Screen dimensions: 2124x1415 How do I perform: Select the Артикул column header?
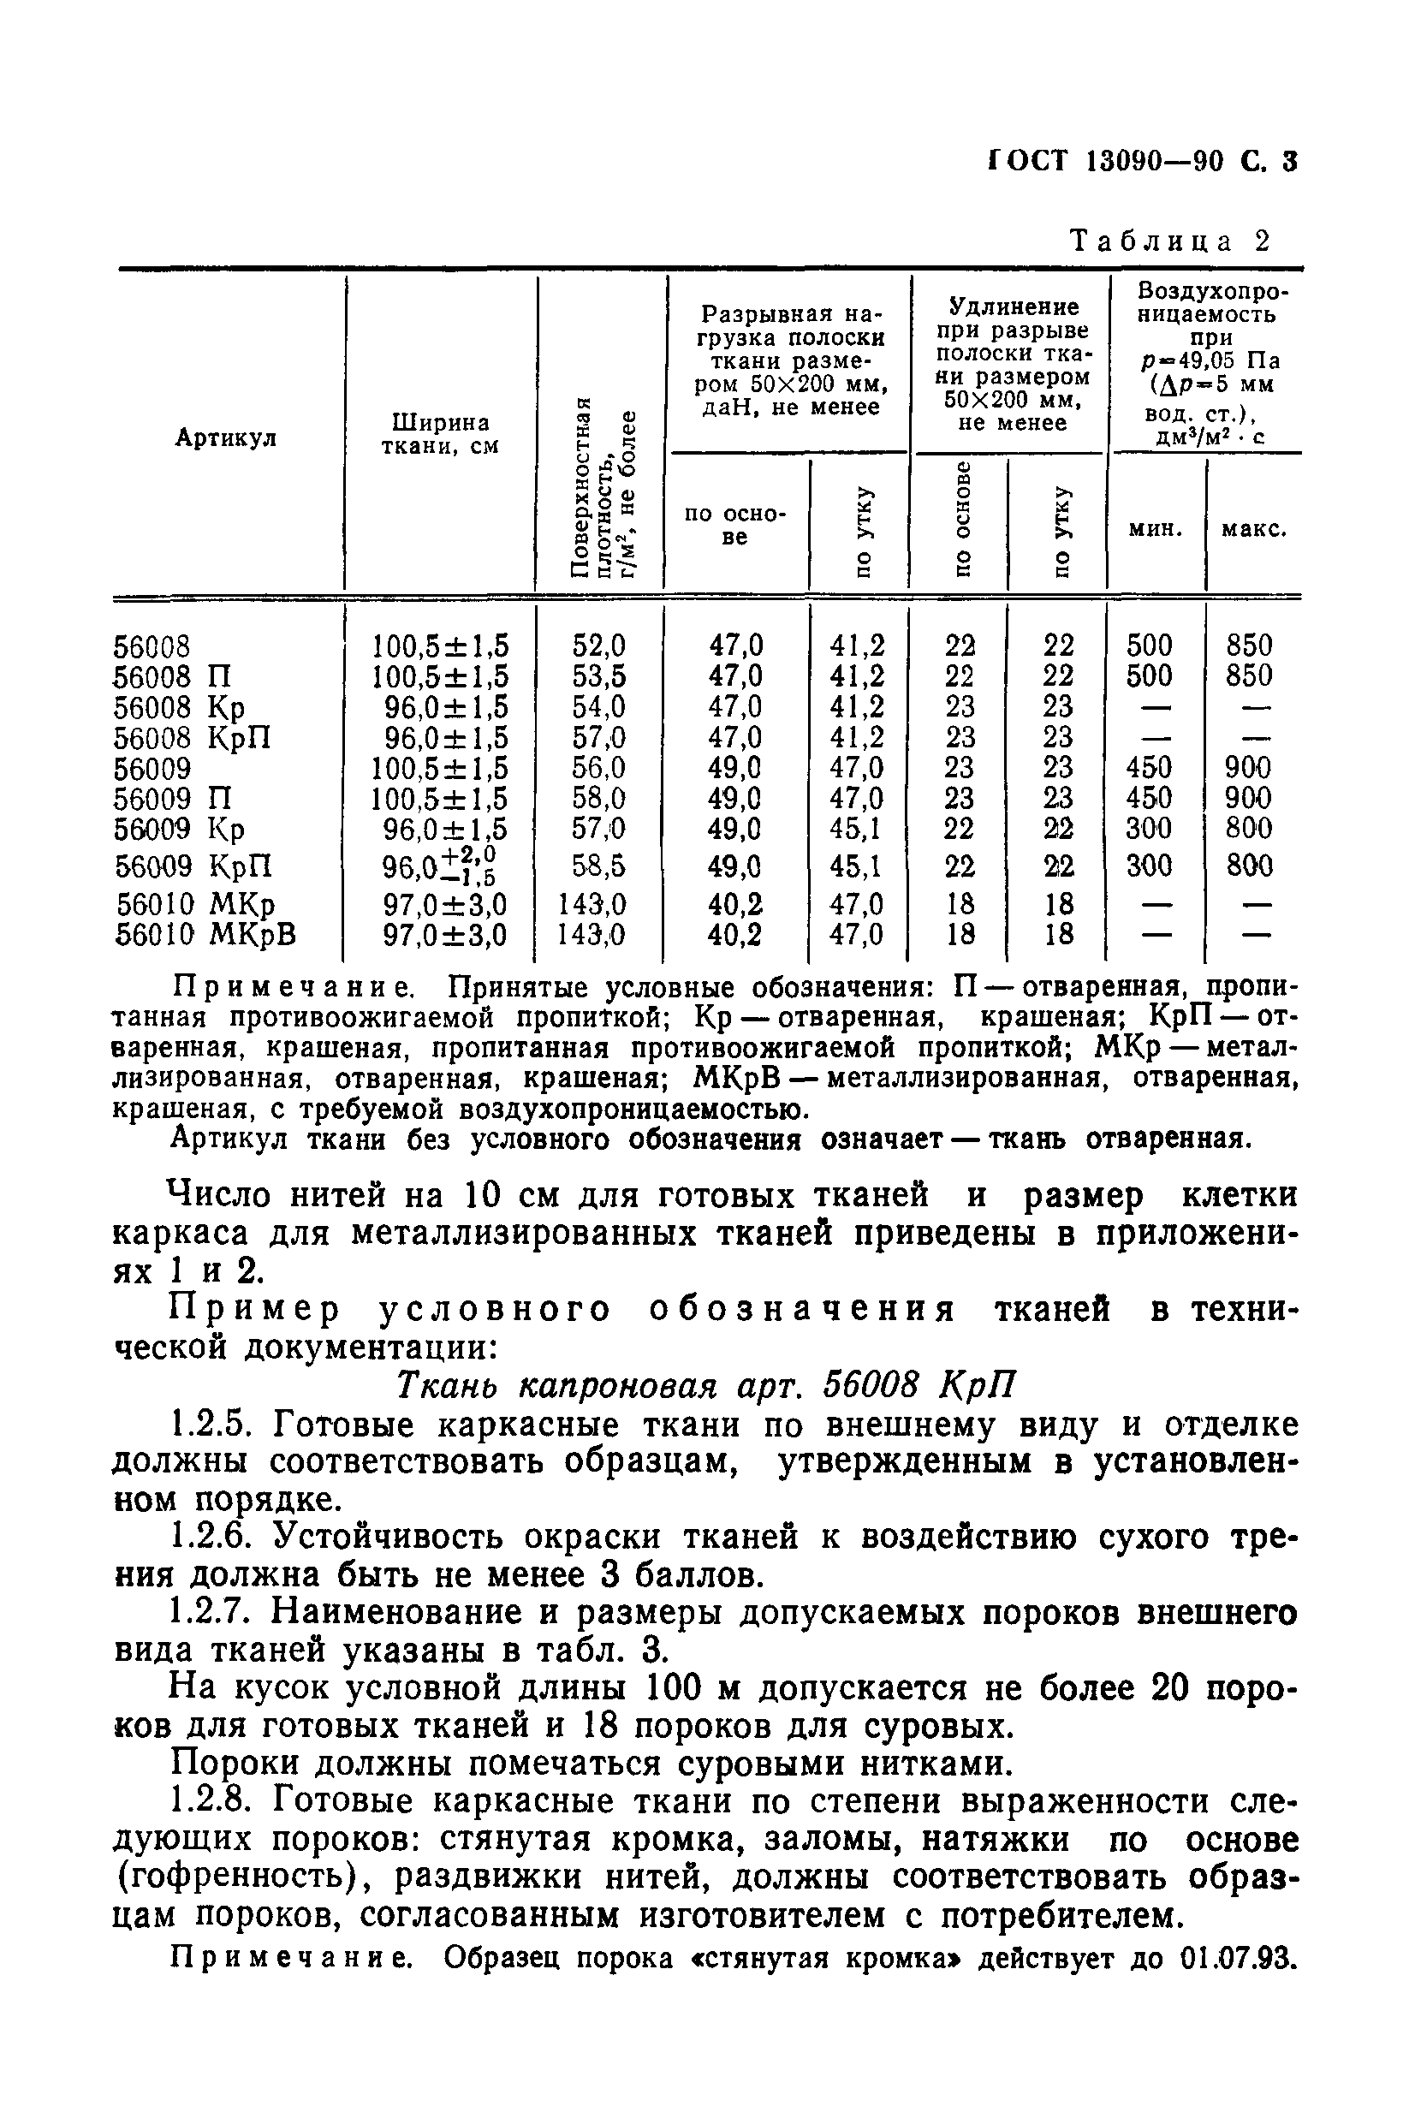coord(226,437)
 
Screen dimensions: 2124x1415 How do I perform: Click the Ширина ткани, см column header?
coord(440,434)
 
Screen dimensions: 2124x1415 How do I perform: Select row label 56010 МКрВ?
coord(205,934)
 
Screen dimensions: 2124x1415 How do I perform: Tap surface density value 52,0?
coord(598,646)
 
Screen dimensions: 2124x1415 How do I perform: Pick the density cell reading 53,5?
coord(598,675)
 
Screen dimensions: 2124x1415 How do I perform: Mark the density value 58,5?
coord(598,866)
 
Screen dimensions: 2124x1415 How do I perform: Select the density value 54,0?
coord(598,706)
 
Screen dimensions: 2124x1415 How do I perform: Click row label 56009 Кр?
coord(180,829)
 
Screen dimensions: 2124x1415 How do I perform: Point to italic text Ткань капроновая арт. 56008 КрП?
coord(706,1383)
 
